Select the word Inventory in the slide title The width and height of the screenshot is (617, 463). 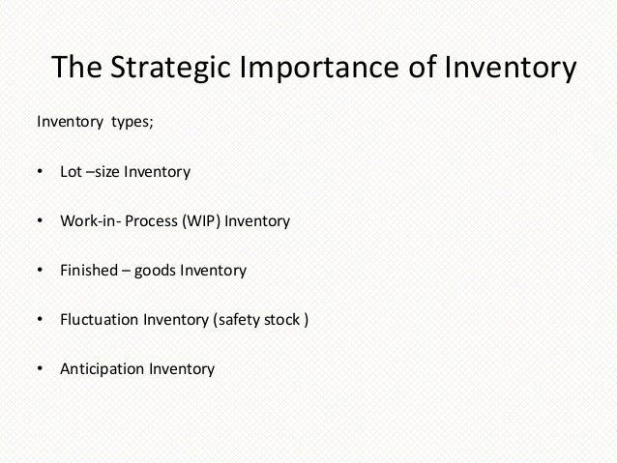[x=509, y=70]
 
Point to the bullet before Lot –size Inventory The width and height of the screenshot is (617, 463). [x=40, y=174]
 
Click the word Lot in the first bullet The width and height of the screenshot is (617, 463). [x=71, y=174]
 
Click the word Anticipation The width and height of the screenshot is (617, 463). [x=102, y=369]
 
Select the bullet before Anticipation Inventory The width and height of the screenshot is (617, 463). [x=40, y=369]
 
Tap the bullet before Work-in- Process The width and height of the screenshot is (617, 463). [x=40, y=222]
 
